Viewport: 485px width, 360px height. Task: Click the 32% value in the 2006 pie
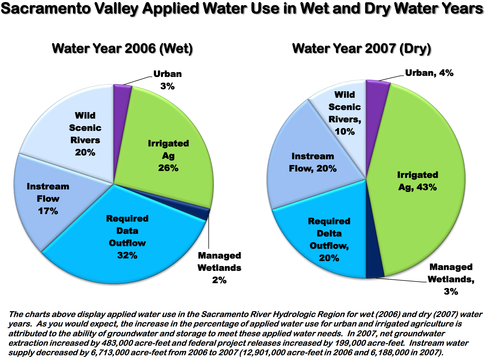point(127,255)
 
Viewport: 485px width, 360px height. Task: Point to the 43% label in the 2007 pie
point(427,187)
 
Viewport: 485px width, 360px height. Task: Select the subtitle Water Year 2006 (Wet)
point(122,49)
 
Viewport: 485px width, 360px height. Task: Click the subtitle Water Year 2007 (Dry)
point(361,49)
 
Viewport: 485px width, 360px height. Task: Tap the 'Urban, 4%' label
point(429,73)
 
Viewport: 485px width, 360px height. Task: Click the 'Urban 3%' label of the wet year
point(167,80)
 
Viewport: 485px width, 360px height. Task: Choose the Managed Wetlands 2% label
point(219,268)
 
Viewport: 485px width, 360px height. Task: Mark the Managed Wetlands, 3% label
point(451,279)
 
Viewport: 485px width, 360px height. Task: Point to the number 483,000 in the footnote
point(118,343)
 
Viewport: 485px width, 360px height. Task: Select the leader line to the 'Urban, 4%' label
point(391,78)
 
